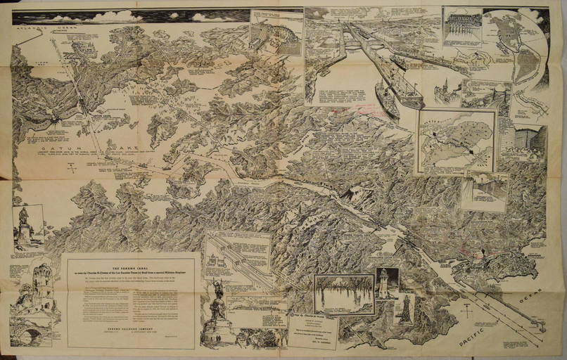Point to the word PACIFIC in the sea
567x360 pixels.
click(x=475, y=338)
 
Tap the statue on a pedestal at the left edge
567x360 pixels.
click(x=24, y=226)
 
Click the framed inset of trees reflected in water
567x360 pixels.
click(x=344, y=293)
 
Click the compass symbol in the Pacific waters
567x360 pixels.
click(x=465, y=309)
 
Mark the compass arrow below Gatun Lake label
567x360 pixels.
click(x=70, y=167)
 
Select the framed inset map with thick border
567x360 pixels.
click(x=456, y=140)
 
